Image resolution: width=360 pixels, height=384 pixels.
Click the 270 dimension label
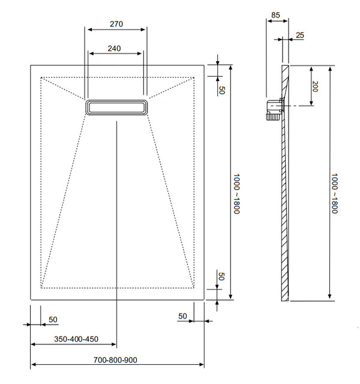116,24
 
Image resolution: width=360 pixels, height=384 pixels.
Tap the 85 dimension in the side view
275,15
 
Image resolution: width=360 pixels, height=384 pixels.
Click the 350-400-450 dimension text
76,339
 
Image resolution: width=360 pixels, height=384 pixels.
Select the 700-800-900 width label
116,360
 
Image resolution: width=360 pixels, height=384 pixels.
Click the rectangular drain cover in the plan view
116,107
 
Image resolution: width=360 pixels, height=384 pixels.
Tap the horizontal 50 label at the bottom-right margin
183,316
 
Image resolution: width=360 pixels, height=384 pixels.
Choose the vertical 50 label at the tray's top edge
221,90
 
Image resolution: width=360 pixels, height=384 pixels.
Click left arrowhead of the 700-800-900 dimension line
32,365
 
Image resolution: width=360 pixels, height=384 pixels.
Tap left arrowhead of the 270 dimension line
88,29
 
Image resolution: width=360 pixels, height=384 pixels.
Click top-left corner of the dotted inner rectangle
41,77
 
